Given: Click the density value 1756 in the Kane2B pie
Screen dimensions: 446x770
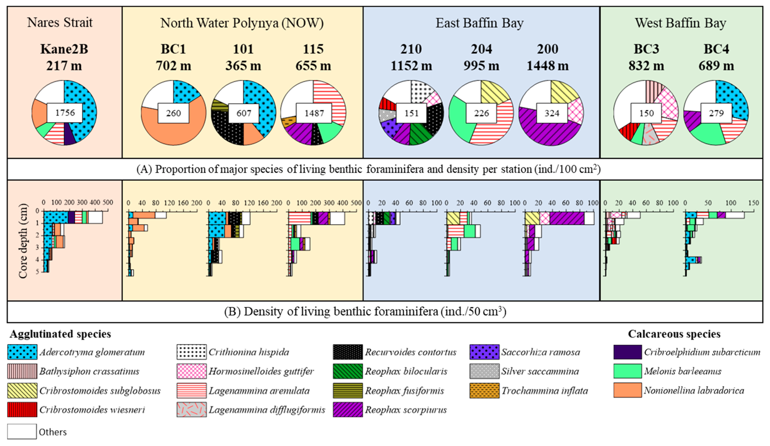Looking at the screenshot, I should pos(65,113).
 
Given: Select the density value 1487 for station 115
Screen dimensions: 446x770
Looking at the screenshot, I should pos(314,113).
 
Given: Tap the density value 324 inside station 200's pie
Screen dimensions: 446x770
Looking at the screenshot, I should pos(552,113).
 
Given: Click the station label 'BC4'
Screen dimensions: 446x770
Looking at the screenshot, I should pos(716,49).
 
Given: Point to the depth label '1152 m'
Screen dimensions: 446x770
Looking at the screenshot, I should pos(411,66).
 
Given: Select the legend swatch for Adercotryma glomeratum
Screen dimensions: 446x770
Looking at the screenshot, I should pos(22,352).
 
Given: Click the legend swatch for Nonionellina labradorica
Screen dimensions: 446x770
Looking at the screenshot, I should pos(627,390).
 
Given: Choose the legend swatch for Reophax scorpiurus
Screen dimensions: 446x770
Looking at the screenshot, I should pos(348,409).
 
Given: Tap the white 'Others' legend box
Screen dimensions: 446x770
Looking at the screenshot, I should pos(22,431).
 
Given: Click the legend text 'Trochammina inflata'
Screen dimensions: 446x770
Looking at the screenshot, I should pos(544,391).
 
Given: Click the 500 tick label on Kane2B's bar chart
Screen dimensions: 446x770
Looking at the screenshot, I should pos(107,202).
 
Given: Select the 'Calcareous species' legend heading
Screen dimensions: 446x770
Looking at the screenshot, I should pos(674,334).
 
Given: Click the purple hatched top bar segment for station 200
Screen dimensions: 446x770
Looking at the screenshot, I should pos(567,218).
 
